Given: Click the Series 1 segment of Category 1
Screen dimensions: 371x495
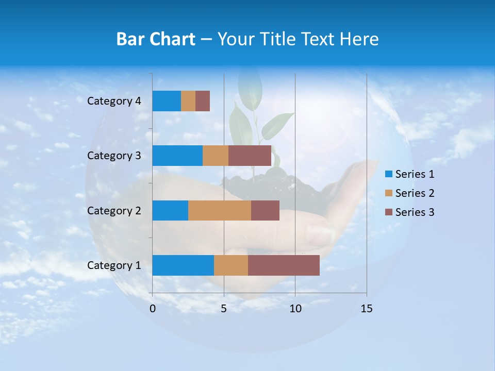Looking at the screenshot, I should coord(183,265).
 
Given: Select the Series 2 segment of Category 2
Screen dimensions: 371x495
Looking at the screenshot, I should coord(220,210).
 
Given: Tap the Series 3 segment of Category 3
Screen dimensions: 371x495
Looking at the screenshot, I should coord(250,156).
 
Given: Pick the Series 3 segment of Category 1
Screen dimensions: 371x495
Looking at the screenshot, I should coord(284,265).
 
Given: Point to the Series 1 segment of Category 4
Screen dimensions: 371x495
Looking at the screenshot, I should coord(167,101).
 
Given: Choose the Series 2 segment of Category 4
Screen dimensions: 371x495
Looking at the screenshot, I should coord(188,101).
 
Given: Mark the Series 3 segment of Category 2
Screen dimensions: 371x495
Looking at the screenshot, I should coord(265,210).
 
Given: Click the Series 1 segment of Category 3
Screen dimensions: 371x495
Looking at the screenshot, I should coord(177,156).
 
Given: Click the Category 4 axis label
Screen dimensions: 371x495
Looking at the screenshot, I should coord(114,101).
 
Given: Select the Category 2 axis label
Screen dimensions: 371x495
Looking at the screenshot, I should coord(114,210).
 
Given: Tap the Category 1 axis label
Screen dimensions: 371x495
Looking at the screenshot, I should coord(114,265).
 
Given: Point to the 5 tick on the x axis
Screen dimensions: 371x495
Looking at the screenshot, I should coord(224,309).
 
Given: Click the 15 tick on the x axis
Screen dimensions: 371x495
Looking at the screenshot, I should coord(366,309).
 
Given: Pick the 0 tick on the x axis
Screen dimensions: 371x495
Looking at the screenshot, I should coord(153,309).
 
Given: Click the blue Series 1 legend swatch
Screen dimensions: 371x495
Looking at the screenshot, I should coord(388,174).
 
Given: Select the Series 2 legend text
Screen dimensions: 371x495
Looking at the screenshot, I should coord(415,193).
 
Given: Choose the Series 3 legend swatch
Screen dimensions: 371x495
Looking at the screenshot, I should coord(388,212).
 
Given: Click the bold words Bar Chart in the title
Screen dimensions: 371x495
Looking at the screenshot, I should coord(156,39).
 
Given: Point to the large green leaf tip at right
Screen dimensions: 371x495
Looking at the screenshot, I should coord(291,114).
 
